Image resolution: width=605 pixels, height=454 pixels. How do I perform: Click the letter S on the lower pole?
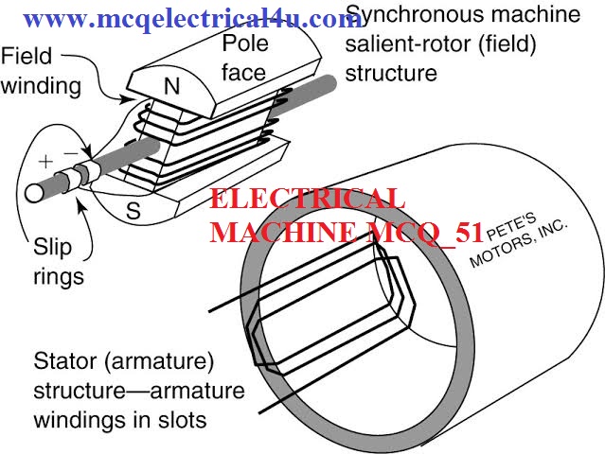pos(133,213)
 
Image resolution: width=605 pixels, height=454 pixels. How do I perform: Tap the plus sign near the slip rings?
pos(45,160)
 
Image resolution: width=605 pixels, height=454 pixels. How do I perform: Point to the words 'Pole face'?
pos(246,57)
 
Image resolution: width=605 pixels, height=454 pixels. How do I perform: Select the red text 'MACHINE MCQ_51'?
pos(347,231)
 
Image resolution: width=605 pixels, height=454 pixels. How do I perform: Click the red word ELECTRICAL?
pos(308,200)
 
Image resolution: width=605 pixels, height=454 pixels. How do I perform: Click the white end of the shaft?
pos(32,192)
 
